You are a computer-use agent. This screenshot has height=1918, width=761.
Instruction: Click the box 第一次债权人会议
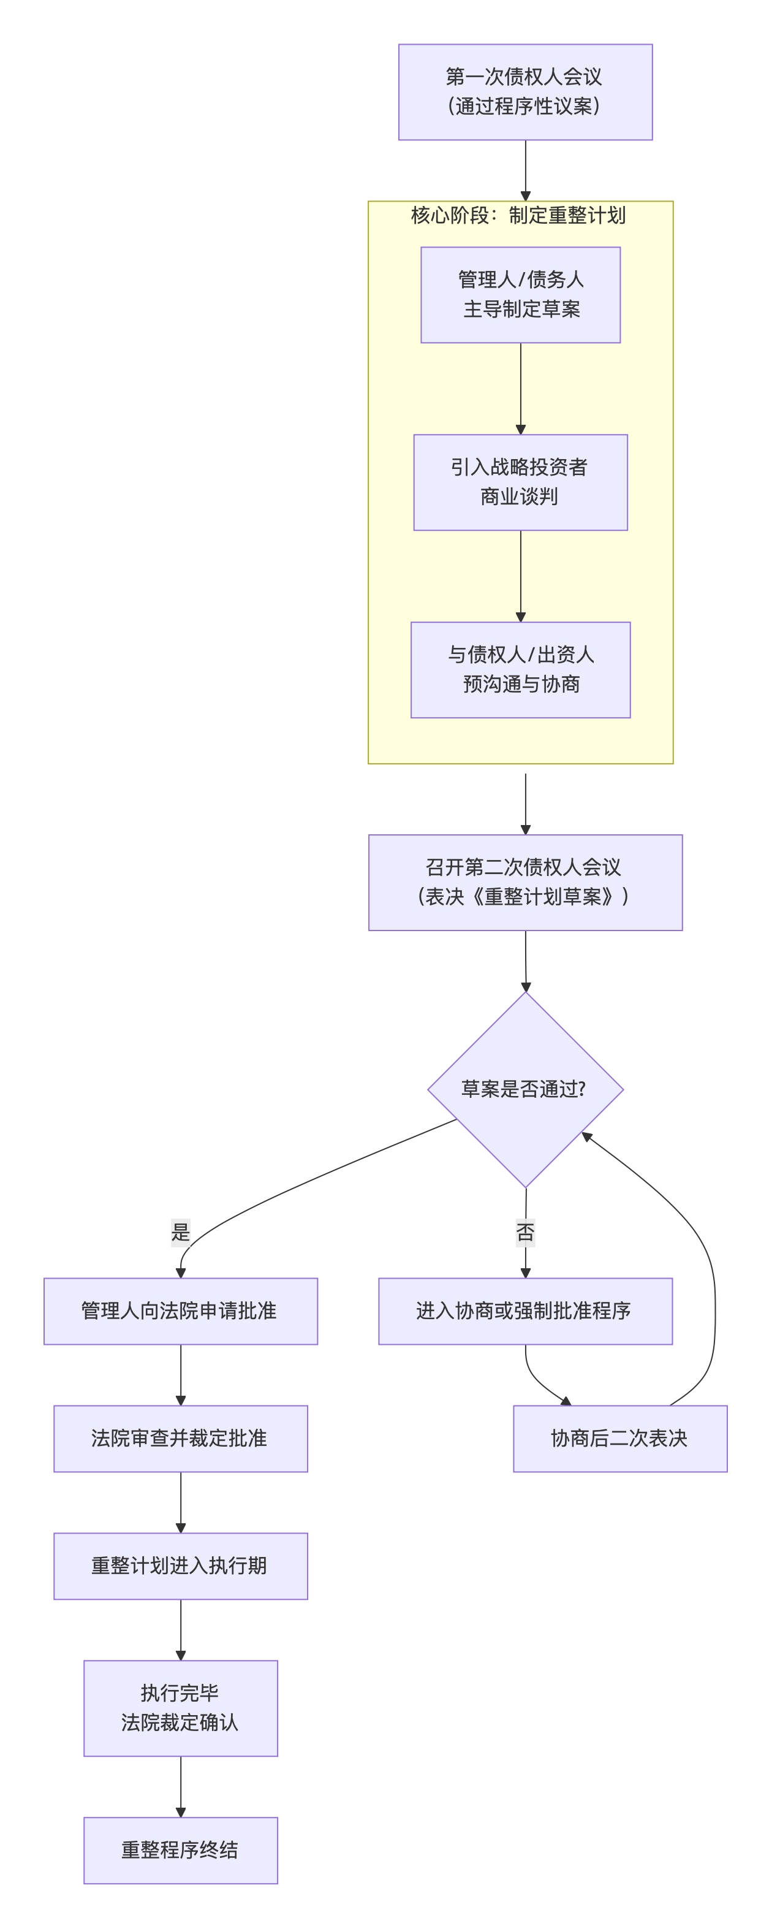525,91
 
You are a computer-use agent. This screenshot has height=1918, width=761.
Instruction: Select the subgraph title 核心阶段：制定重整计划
518,216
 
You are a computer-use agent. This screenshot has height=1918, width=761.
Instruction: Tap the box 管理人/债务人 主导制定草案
520,295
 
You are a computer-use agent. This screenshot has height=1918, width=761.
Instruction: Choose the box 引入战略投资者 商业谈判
520,482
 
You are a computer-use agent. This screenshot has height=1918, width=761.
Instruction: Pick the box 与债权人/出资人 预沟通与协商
520,669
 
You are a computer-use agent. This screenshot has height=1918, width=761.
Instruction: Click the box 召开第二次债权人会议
525,882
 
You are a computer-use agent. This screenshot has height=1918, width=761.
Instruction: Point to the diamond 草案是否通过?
525,1089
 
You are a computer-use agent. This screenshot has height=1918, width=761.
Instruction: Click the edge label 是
181,1231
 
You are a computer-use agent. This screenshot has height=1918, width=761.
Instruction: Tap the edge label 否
525,1232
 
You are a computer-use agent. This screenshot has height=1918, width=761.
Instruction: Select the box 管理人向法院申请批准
180,1311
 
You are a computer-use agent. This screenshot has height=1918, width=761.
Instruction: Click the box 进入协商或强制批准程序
525,1311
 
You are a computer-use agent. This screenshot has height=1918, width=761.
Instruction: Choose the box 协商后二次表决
619,1439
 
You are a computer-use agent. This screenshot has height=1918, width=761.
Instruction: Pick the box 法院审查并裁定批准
180,1439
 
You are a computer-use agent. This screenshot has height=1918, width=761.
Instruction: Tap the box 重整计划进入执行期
180,1566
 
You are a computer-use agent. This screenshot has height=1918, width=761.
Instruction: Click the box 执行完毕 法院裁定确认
180,1708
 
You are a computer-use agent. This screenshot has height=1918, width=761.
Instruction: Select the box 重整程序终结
180,1850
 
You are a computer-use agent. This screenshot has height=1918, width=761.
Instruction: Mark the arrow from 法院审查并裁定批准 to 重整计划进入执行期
180,1502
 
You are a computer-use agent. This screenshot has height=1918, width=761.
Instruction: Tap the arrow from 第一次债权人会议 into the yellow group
525,170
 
